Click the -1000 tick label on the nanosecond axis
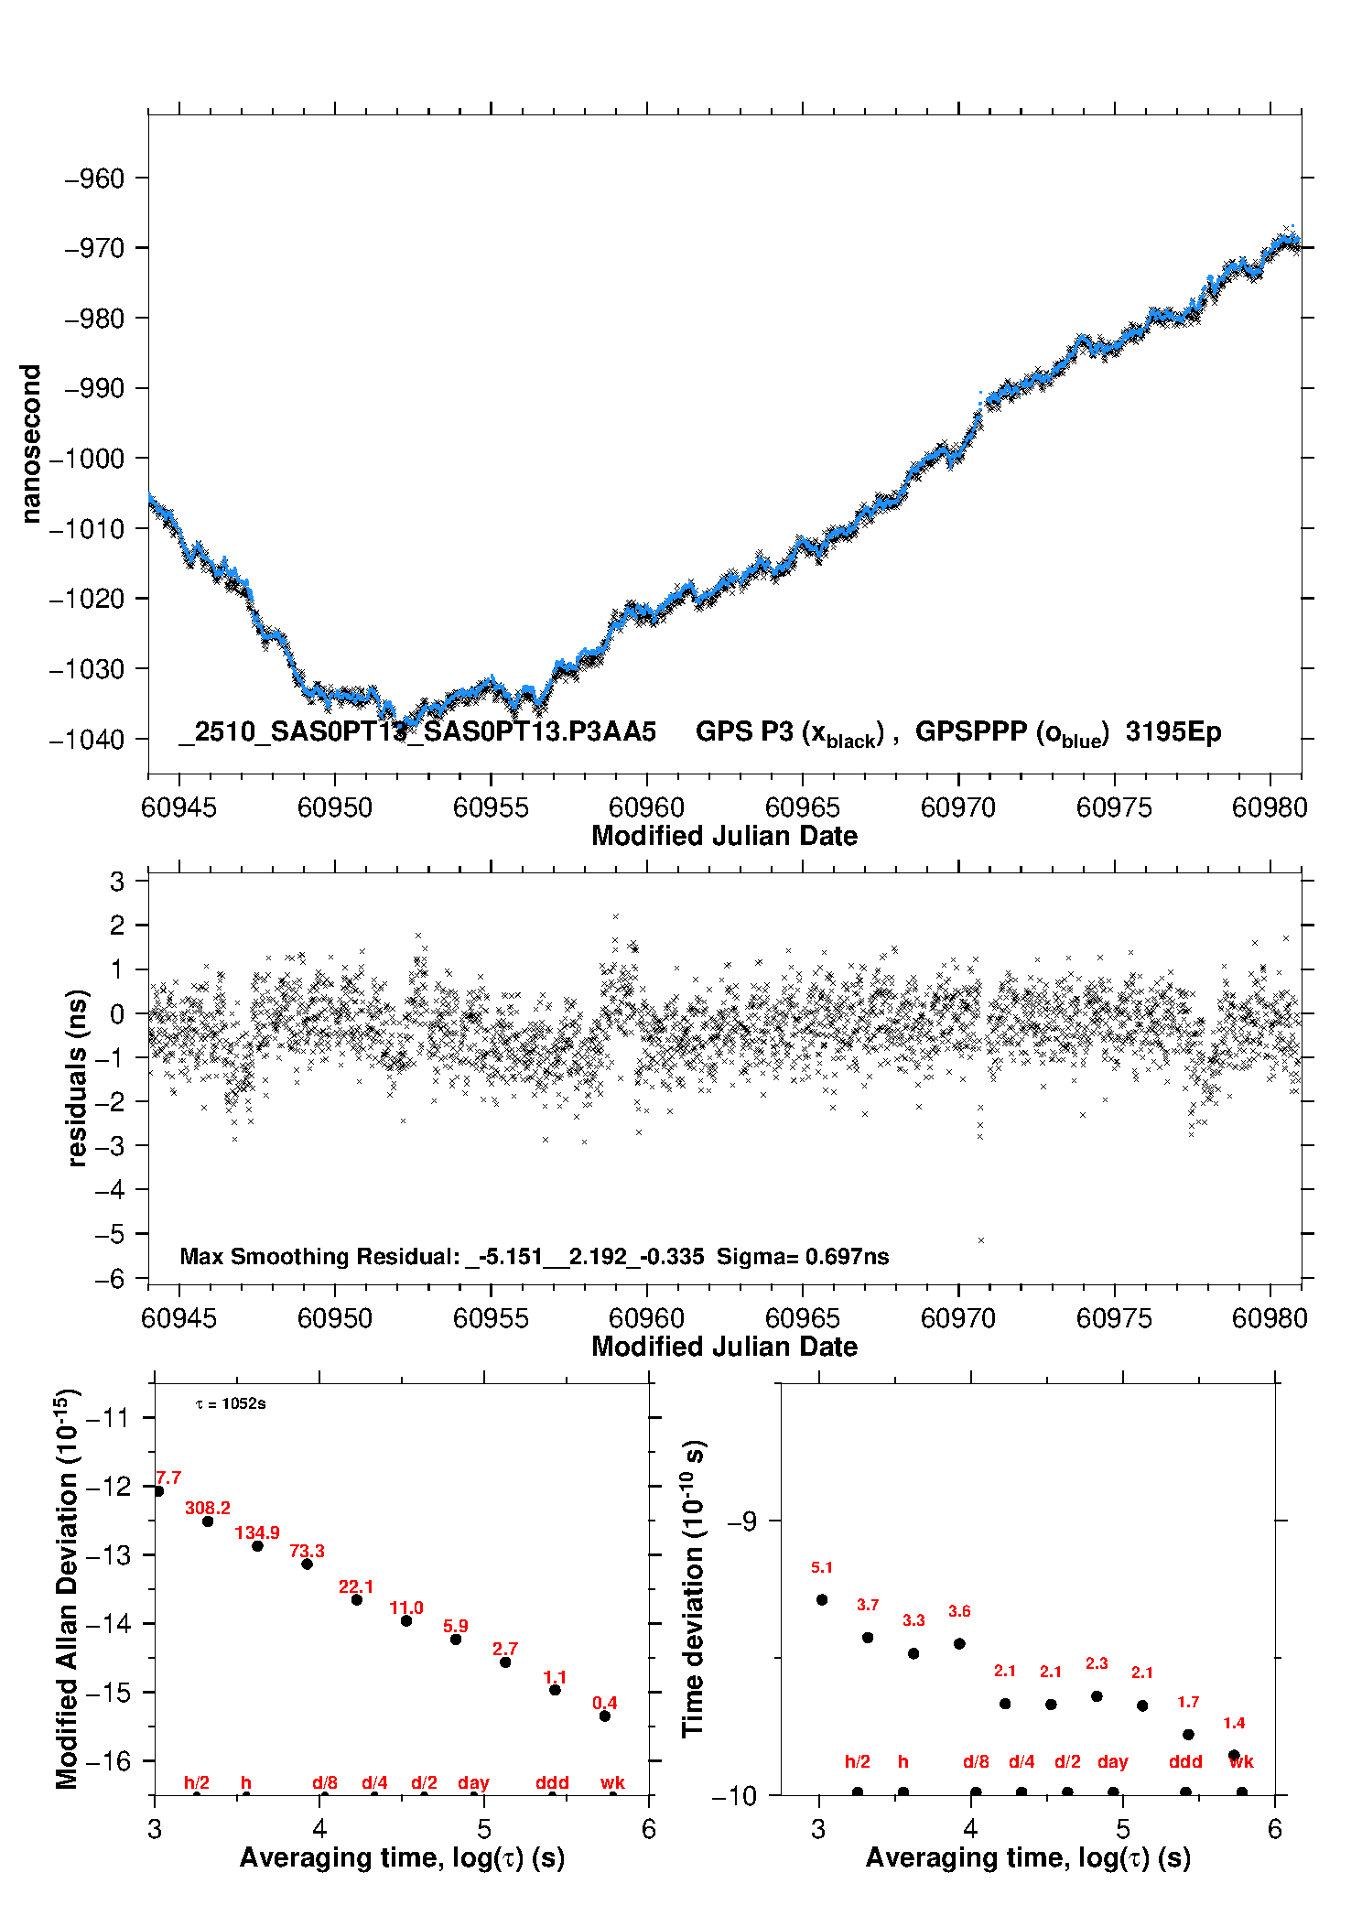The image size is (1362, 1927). [86, 459]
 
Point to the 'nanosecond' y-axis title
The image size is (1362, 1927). [31, 444]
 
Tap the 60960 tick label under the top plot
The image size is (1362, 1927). [646, 807]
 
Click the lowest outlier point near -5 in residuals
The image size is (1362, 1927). [981, 1240]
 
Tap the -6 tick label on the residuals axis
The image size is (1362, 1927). [109, 1279]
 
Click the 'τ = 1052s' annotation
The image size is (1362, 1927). [231, 1404]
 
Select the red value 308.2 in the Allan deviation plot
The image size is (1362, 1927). [208, 1508]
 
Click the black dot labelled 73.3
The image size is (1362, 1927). [308, 1564]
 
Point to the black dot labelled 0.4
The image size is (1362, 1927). [605, 1716]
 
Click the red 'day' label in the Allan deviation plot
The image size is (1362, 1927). [473, 1782]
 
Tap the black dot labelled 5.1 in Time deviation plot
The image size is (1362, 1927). [822, 1599]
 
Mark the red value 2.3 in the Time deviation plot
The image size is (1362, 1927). [1097, 1663]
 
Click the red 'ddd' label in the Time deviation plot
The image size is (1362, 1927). [1185, 1761]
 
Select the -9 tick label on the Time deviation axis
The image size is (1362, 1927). [742, 1521]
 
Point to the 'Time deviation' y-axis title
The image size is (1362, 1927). [694, 1589]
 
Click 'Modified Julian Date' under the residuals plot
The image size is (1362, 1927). [724, 1346]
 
